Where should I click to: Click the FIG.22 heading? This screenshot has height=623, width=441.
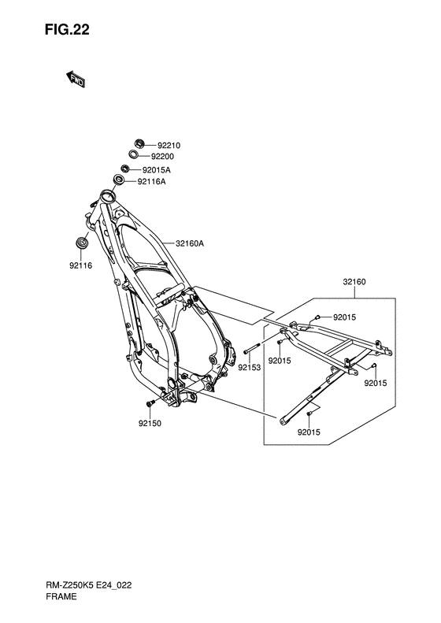click(x=67, y=30)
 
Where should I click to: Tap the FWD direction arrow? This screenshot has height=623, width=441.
click(x=75, y=79)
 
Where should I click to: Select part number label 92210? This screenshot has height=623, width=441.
click(x=169, y=146)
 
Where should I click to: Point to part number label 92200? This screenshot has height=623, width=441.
click(x=162, y=157)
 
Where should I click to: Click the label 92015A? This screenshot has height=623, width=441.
click(x=157, y=170)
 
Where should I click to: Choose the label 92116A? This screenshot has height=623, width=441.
click(x=152, y=182)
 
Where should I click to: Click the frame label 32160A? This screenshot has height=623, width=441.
click(x=190, y=243)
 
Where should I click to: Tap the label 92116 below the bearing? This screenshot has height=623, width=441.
click(x=80, y=265)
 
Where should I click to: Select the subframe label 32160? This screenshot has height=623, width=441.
click(x=354, y=282)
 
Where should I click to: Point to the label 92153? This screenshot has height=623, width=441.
click(x=250, y=368)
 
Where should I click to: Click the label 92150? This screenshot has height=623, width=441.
click(x=150, y=424)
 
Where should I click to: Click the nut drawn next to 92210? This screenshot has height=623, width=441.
click(x=139, y=144)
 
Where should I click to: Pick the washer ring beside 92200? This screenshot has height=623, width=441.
click(x=134, y=154)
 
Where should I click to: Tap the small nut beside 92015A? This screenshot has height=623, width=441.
click(x=125, y=169)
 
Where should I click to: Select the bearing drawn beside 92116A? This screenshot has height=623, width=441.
click(x=119, y=180)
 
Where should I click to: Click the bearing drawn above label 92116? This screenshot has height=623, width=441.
click(x=82, y=243)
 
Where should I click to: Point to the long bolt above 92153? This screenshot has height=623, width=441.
click(x=252, y=348)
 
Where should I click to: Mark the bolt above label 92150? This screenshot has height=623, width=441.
click(x=150, y=404)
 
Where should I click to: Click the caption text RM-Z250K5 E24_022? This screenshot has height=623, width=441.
click(x=88, y=585)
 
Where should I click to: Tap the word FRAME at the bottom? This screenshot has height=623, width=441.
click(x=61, y=596)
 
